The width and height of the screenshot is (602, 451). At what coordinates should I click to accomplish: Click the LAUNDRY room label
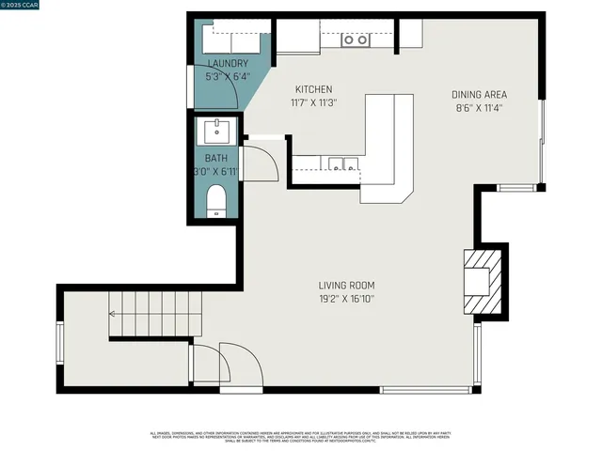228,64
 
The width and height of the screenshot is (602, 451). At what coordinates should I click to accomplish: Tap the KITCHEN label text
314,90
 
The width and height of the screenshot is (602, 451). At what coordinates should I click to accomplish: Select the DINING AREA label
480,95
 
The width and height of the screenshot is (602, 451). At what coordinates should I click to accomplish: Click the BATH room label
216,159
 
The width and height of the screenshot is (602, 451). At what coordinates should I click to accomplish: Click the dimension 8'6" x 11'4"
480,107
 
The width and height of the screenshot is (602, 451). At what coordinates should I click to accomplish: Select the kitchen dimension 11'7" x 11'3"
314,102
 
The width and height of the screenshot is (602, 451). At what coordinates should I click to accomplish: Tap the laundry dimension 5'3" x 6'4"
228,76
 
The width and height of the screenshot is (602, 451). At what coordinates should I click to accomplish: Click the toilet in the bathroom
216,200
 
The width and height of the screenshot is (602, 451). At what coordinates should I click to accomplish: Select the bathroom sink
216,129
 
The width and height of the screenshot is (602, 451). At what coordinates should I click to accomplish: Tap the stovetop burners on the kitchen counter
355,39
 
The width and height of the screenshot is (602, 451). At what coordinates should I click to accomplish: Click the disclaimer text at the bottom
301,438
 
